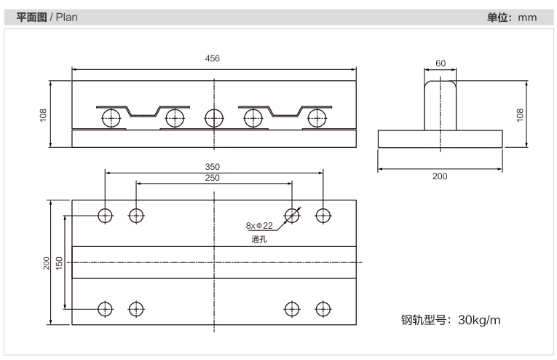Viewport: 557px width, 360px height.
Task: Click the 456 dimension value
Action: tap(212, 58)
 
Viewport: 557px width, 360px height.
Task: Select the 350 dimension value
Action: tap(212, 167)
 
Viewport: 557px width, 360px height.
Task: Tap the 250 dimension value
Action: tap(212, 178)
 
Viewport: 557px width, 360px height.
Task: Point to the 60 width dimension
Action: tap(441, 63)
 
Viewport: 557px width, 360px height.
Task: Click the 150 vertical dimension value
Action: tap(59, 263)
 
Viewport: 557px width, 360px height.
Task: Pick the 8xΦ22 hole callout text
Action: tap(259, 226)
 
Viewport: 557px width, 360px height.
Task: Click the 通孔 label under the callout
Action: tap(259, 239)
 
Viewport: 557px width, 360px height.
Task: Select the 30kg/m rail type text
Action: tap(479, 320)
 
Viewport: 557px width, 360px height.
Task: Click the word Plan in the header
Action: tap(67, 17)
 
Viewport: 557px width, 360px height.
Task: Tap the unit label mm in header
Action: tap(527, 17)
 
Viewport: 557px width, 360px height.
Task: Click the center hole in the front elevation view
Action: tap(214, 118)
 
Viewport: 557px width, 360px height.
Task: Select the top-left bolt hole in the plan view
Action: tap(105, 216)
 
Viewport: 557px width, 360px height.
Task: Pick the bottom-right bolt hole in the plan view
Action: tap(323, 309)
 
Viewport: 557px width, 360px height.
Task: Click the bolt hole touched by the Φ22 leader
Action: tap(292, 216)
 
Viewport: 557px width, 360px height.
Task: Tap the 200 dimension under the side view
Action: tap(440, 176)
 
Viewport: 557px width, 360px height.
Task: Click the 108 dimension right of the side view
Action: tap(520, 115)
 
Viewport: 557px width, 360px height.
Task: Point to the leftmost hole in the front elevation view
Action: tap(111, 118)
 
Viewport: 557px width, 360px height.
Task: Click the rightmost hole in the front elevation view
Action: tap(317, 118)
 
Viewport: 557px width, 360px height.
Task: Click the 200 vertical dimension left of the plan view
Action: tap(47, 263)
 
